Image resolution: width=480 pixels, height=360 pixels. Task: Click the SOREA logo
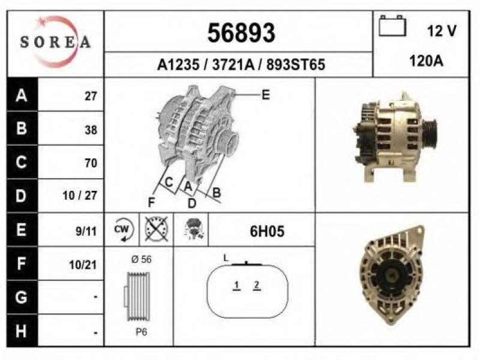click(x=55, y=42)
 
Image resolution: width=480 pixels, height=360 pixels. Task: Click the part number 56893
click(x=241, y=33)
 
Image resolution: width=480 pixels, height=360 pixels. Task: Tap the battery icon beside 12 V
click(x=392, y=26)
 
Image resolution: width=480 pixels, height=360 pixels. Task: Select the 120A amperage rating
click(x=426, y=61)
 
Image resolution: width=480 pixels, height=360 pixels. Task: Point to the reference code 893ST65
click(x=295, y=65)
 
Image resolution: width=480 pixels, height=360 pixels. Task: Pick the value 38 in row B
click(x=91, y=130)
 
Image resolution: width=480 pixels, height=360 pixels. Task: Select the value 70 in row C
click(x=91, y=163)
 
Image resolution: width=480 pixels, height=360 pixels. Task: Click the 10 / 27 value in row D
click(x=80, y=196)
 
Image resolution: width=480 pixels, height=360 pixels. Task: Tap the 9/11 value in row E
click(x=86, y=231)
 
